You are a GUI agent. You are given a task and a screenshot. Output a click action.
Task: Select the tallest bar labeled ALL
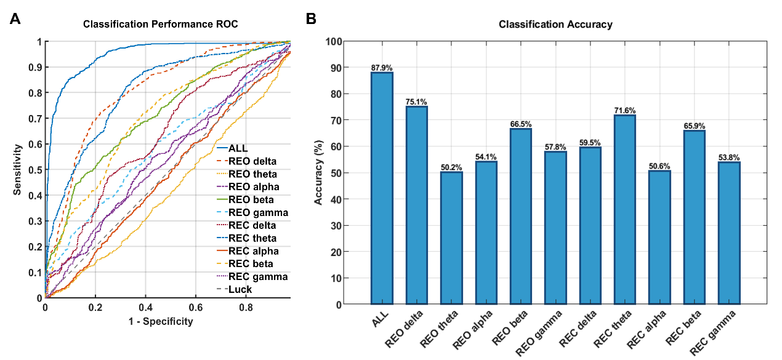pyautogui.click(x=381, y=188)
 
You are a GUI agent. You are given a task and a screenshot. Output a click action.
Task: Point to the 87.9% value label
pyautogui.click(x=381, y=67)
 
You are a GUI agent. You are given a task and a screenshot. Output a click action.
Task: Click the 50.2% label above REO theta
pyautogui.click(x=451, y=167)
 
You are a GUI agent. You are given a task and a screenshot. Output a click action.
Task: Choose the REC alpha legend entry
pyautogui.click(x=253, y=251)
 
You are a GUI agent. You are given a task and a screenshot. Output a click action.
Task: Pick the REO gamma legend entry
pyautogui.click(x=257, y=212)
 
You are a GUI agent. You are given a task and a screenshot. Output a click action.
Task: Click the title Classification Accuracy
pyautogui.click(x=555, y=25)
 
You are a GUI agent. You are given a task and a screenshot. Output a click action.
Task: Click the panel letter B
pyautogui.click(x=312, y=19)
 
